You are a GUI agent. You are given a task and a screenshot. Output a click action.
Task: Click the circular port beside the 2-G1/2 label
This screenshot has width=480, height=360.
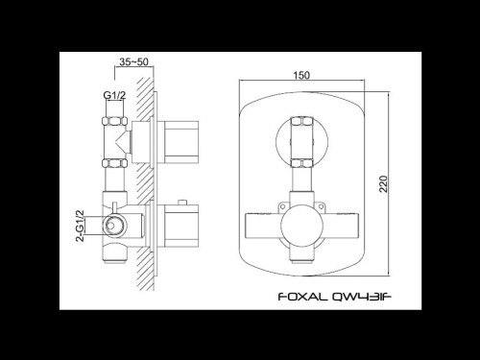pyautogui.click(x=114, y=228)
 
